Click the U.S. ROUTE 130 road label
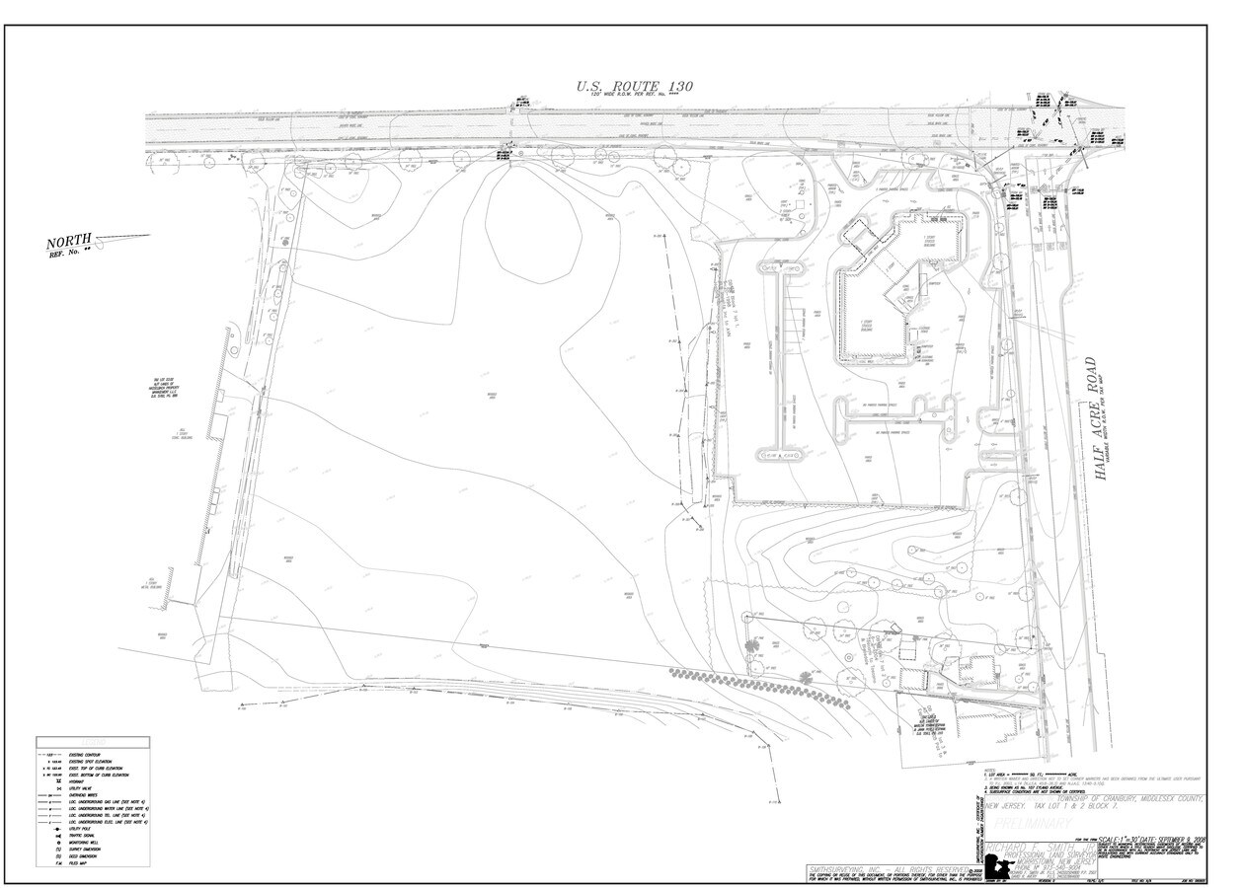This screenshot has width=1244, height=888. pos(635,87)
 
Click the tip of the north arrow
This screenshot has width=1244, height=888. pos(150,235)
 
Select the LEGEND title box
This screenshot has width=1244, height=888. pos(93,741)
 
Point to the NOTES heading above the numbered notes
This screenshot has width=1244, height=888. pos(989,769)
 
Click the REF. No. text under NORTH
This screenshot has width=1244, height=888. pos(68,254)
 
